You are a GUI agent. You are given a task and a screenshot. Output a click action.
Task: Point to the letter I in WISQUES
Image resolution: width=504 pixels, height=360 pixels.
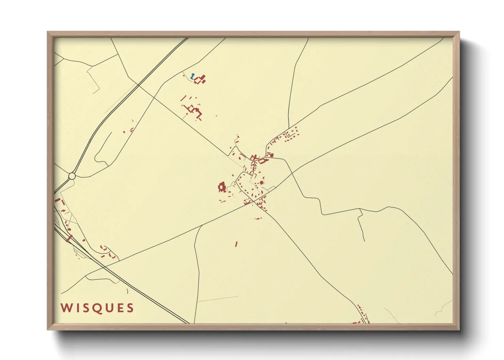tap(76, 308)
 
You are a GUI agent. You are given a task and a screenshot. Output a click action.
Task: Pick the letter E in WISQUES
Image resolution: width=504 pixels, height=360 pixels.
tap(119, 308)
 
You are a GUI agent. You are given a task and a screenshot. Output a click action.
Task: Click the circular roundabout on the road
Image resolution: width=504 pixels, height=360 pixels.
tap(72, 176)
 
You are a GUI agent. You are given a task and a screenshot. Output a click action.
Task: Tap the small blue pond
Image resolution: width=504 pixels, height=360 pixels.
tap(193, 76)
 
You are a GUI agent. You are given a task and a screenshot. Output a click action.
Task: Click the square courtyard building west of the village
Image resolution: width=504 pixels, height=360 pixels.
tap(222, 187)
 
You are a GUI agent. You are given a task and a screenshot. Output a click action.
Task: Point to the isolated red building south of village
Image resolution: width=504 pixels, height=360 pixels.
tap(236, 244)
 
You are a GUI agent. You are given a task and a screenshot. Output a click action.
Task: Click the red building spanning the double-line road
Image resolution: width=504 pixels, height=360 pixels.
tap(69, 238)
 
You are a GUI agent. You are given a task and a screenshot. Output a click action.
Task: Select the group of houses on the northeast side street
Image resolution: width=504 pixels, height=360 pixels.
tap(291, 133)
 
